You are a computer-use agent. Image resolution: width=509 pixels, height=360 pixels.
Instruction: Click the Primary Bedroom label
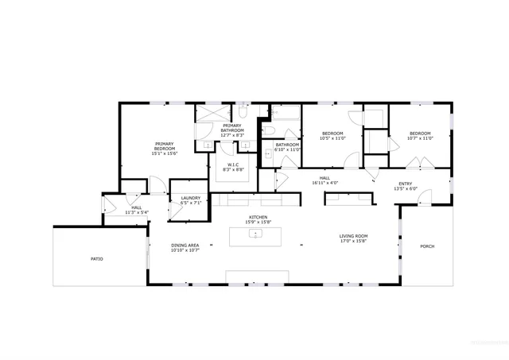coord(165,146)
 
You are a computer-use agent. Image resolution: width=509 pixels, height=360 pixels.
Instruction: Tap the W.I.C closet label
coord(233,165)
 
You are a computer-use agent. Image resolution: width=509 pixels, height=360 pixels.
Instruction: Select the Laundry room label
coord(190,198)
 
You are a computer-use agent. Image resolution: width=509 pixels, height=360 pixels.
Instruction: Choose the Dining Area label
coord(185,245)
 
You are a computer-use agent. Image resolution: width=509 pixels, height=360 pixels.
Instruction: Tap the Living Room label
coord(352,235)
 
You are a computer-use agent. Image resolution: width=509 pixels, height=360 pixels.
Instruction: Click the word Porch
coord(427,246)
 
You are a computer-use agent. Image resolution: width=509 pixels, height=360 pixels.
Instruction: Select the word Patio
coord(96,259)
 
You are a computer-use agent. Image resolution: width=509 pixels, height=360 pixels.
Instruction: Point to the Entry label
coord(406,184)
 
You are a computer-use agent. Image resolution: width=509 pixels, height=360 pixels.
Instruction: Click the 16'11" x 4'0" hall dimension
coord(324,183)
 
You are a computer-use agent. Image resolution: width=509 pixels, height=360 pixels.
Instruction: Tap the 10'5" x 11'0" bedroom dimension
coord(333,138)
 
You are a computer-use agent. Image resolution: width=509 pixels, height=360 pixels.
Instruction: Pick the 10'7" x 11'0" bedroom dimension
coord(420,138)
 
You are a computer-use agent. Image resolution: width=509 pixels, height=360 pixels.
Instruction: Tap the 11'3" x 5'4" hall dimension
coord(138,212)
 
